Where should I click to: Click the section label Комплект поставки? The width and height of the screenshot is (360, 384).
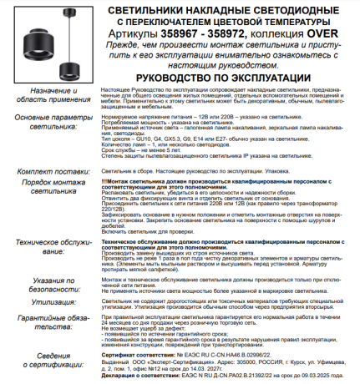(49, 170)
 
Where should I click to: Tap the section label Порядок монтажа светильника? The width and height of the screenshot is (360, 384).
(49, 184)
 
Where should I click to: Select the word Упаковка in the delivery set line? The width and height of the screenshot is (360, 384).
(276, 170)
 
